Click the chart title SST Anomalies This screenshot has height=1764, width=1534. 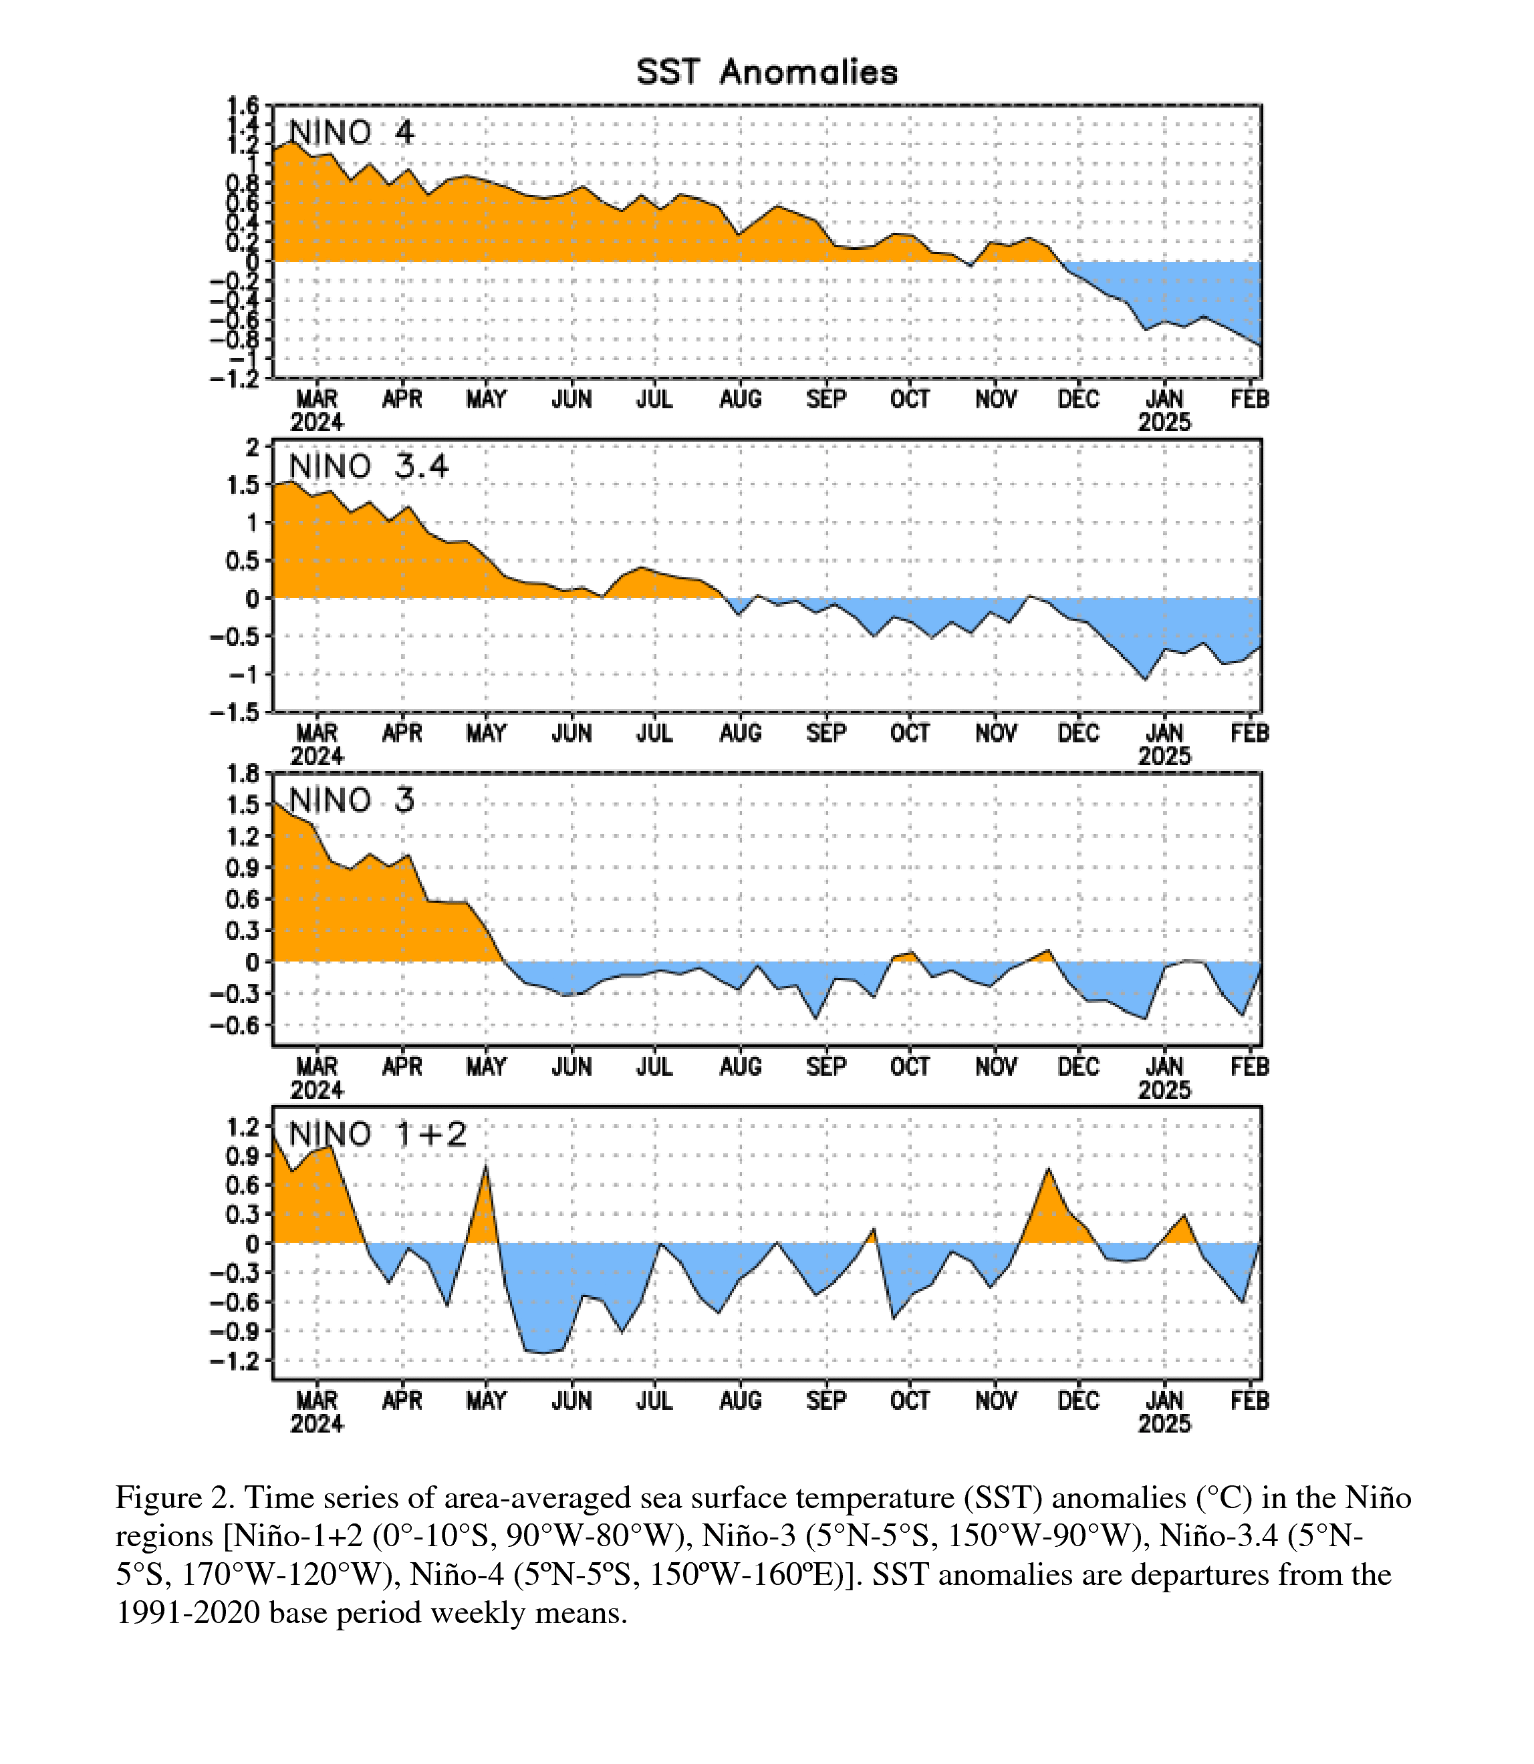767,72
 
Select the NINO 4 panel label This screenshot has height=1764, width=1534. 352,133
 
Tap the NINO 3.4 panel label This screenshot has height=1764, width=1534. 369,466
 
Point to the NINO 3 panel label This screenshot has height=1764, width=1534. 352,800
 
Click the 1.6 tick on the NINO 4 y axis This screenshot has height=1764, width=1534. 241,106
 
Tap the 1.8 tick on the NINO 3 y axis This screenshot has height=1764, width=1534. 241,774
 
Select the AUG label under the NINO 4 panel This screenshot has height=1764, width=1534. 741,400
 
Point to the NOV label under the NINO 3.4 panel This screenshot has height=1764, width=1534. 995,734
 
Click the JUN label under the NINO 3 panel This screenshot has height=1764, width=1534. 571,1067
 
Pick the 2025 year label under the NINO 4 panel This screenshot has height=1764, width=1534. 1164,422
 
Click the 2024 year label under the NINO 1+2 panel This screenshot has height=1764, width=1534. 317,1423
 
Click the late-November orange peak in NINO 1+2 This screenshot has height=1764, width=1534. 1049,1169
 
